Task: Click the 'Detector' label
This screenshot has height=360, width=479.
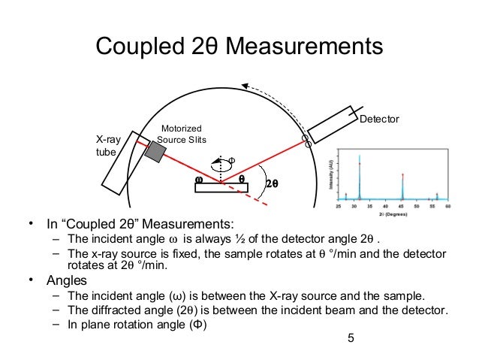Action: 380,119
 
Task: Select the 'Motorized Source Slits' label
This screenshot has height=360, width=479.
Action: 182,135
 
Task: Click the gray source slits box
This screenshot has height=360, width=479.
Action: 155,150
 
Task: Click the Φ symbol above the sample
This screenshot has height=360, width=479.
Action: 231,160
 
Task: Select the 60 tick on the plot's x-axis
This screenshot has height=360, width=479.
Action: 447,205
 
